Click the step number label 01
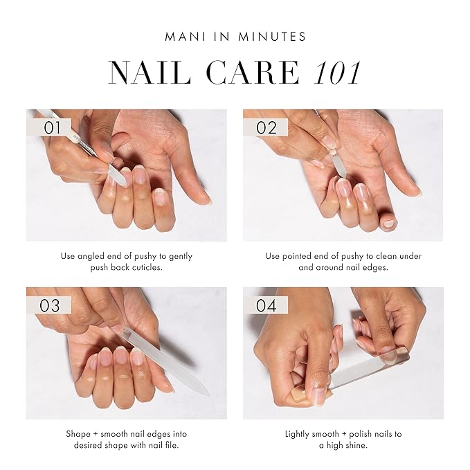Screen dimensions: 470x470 pyautogui.click(x=53, y=128)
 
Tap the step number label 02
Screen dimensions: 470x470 pyautogui.click(x=266, y=128)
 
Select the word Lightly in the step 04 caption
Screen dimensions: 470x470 pyautogui.click(x=299, y=434)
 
